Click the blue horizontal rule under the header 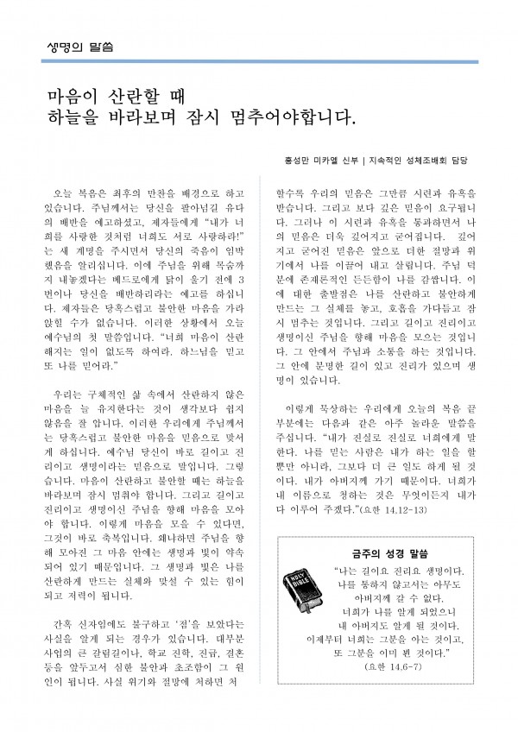(259, 61)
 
